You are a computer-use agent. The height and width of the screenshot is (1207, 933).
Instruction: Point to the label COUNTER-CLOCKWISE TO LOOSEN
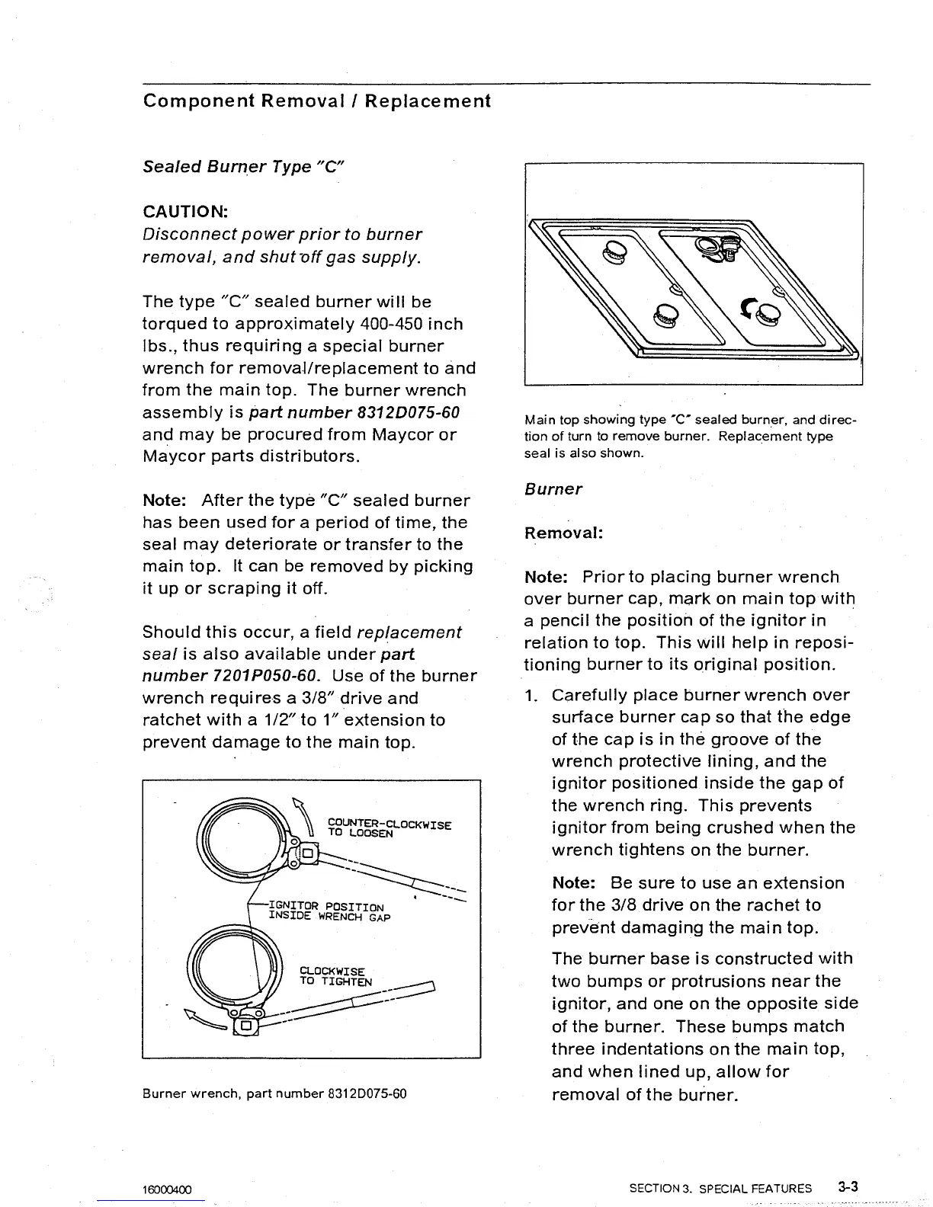[x=389, y=828]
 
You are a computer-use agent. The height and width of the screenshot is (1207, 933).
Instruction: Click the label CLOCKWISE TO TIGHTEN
[x=335, y=976]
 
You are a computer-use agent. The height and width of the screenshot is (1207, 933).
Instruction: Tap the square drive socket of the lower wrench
[x=246, y=1026]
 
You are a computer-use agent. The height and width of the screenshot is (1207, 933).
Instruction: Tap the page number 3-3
[x=847, y=1186]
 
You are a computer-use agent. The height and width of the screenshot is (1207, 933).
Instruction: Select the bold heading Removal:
[x=563, y=533]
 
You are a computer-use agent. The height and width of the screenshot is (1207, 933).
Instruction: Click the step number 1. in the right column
[x=532, y=695]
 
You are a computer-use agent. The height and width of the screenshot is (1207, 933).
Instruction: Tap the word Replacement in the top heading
[x=427, y=101]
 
